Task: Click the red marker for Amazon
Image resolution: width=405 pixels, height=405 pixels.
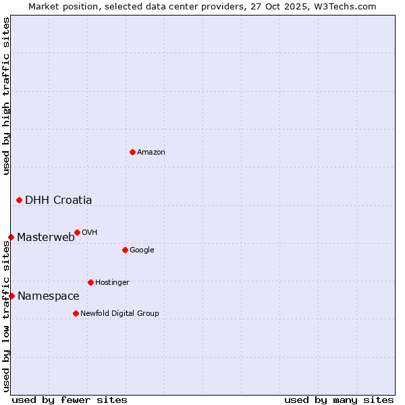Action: [132, 152]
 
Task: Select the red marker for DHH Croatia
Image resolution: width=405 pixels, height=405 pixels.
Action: [19, 200]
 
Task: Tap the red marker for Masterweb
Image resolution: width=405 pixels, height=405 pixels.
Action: [11, 237]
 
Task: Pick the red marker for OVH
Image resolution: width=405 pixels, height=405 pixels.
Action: [77, 232]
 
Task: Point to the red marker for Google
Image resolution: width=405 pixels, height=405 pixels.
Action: [125, 250]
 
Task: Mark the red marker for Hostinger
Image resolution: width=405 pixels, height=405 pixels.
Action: [90, 282]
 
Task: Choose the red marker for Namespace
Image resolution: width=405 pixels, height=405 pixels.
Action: [11, 296]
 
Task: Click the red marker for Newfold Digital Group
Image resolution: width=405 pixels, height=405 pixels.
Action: [76, 313]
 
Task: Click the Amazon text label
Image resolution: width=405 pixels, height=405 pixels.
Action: [151, 153]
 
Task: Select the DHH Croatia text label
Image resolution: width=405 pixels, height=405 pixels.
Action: [59, 200]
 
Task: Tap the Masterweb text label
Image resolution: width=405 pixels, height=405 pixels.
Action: [46, 237]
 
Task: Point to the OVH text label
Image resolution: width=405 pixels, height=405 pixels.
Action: [90, 233]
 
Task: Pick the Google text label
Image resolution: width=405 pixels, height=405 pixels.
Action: [142, 250]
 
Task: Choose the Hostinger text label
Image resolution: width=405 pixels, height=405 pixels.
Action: [112, 282]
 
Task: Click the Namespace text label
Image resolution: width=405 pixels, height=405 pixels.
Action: [49, 296]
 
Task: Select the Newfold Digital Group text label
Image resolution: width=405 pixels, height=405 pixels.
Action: [119, 313]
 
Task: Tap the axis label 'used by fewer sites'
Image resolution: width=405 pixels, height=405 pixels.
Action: [70, 400]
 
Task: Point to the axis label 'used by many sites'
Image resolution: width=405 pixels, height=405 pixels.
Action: [339, 400]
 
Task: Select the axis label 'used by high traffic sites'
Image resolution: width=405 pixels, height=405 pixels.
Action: [6, 96]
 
